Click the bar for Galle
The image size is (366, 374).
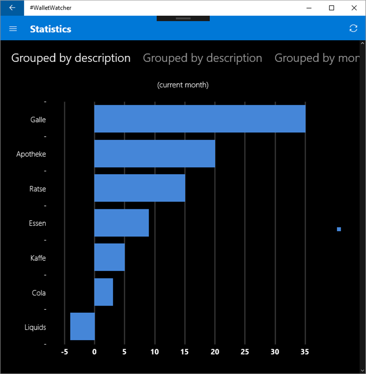point(200,119)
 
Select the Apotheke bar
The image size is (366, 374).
point(154,153)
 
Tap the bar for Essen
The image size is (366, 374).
point(122,223)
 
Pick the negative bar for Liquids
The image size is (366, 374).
point(82,326)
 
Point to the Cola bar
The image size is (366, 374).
point(104,292)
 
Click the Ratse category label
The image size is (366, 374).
point(38,189)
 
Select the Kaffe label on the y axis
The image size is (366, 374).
point(38,258)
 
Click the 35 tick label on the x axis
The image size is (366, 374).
point(305,352)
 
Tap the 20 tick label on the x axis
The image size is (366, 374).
point(215,352)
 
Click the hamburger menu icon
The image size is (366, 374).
point(13,29)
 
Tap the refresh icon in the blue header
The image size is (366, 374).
point(354,29)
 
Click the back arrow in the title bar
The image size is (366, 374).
point(12,8)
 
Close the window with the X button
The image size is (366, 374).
point(354,8)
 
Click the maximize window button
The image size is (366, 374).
point(331,8)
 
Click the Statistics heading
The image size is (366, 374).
point(50,29)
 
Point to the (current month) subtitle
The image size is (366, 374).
point(183,85)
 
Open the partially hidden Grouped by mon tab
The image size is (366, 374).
point(317,58)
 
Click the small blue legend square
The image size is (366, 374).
point(339,229)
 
